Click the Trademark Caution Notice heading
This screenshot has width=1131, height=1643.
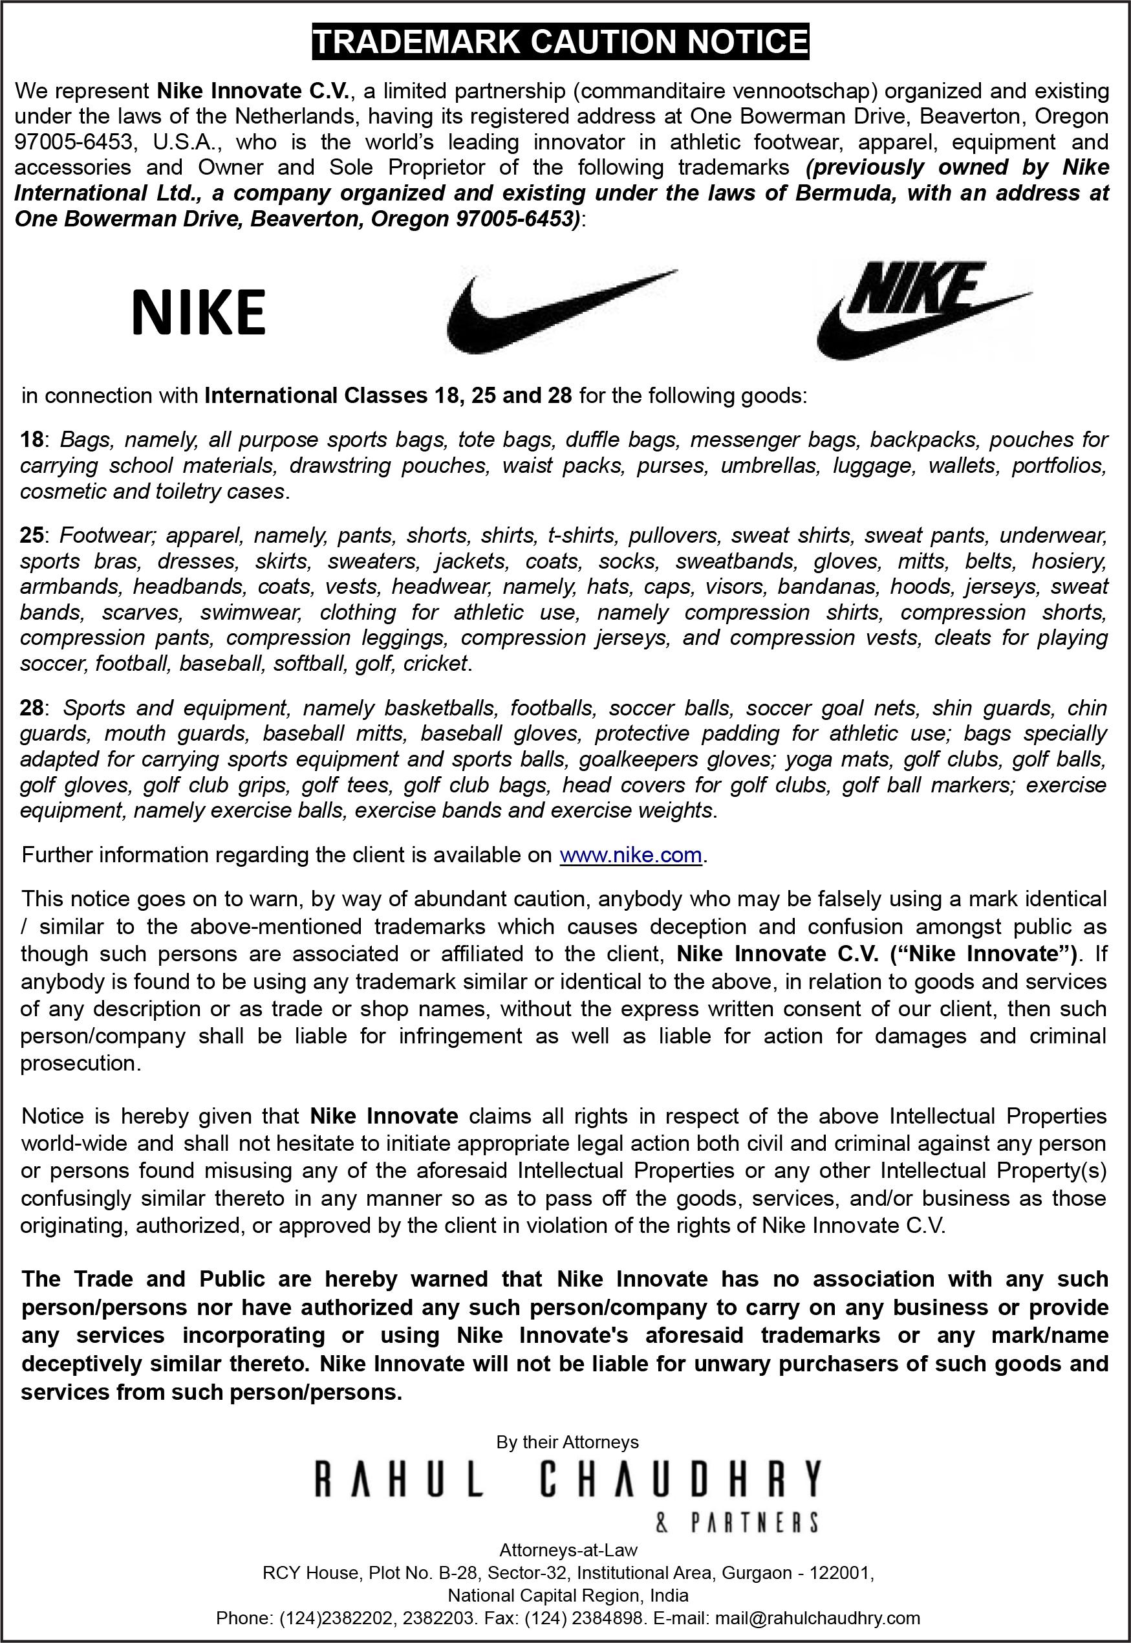tap(560, 42)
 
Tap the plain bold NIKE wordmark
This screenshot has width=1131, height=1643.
tap(199, 312)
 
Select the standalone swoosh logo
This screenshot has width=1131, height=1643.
tap(560, 312)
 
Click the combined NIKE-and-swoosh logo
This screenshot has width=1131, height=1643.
tap(921, 310)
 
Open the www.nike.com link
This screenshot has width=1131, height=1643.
tap(630, 855)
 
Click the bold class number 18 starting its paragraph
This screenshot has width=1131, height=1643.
tap(31, 439)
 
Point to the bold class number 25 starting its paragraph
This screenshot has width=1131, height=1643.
tap(31, 535)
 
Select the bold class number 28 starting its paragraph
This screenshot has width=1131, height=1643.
tap(31, 708)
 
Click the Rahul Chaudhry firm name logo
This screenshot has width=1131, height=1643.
tap(567, 1479)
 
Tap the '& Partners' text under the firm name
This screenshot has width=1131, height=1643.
tap(737, 1522)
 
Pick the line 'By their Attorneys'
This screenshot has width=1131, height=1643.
tap(567, 1442)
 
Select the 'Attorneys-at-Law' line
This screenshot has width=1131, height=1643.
tap(568, 1550)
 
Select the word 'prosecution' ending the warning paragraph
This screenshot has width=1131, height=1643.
tap(78, 1063)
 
